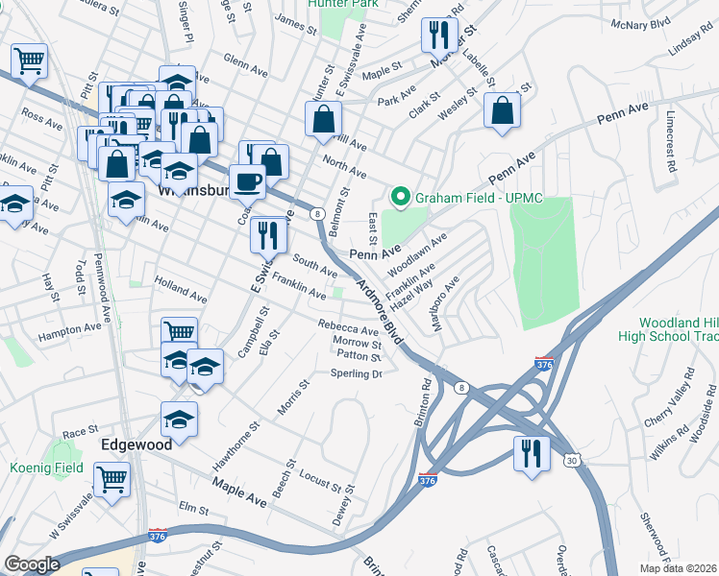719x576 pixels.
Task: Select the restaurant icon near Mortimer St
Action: (438, 36)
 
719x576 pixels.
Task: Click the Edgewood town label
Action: (137, 445)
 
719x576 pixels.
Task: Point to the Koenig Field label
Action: (45, 467)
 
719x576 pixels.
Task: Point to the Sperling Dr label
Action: (357, 373)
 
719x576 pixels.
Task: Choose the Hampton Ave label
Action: (69, 329)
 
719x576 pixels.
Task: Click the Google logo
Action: (32, 564)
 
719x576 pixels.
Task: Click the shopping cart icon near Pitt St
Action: (30, 60)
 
